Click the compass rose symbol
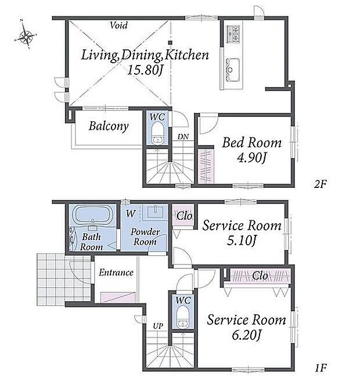25,34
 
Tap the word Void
118,26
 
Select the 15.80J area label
145,70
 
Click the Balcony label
109,126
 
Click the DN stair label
183,137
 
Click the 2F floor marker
320,184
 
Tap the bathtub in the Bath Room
92,215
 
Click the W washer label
131,214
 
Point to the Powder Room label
145,237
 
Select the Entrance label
116,273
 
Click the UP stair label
158,326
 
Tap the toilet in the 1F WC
182,317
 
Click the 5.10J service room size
242,241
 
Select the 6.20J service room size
246,336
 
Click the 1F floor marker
321,368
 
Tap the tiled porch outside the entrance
64,280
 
